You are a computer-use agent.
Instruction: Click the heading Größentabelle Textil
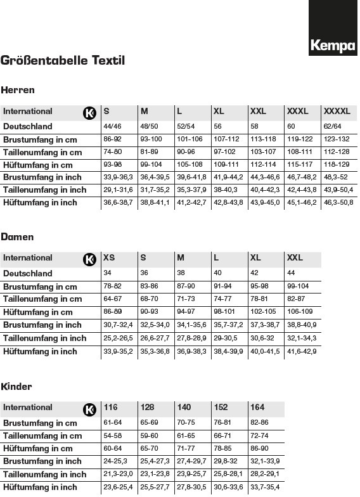point(63,61)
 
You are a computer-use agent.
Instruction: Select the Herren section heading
point(18,90)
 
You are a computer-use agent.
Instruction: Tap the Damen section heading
point(18,237)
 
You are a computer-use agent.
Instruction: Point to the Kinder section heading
point(16,387)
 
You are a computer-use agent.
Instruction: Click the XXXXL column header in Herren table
point(337,112)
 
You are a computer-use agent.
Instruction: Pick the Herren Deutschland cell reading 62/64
point(332,126)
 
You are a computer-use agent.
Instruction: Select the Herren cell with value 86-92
point(112,139)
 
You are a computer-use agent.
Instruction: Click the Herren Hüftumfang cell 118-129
point(336,165)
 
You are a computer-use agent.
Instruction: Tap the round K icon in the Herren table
point(89,113)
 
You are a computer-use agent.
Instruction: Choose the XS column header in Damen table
point(110,258)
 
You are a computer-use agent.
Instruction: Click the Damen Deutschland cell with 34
point(107,273)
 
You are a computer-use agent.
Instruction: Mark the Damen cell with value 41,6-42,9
point(302,351)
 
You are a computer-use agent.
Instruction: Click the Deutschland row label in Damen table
point(28,273)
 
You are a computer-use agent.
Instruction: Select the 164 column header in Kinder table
point(257,408)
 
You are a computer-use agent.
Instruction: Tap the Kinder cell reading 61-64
point(112,422)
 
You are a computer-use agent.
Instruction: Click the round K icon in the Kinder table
point(89,409)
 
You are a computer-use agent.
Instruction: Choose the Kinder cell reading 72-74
point(259,436)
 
